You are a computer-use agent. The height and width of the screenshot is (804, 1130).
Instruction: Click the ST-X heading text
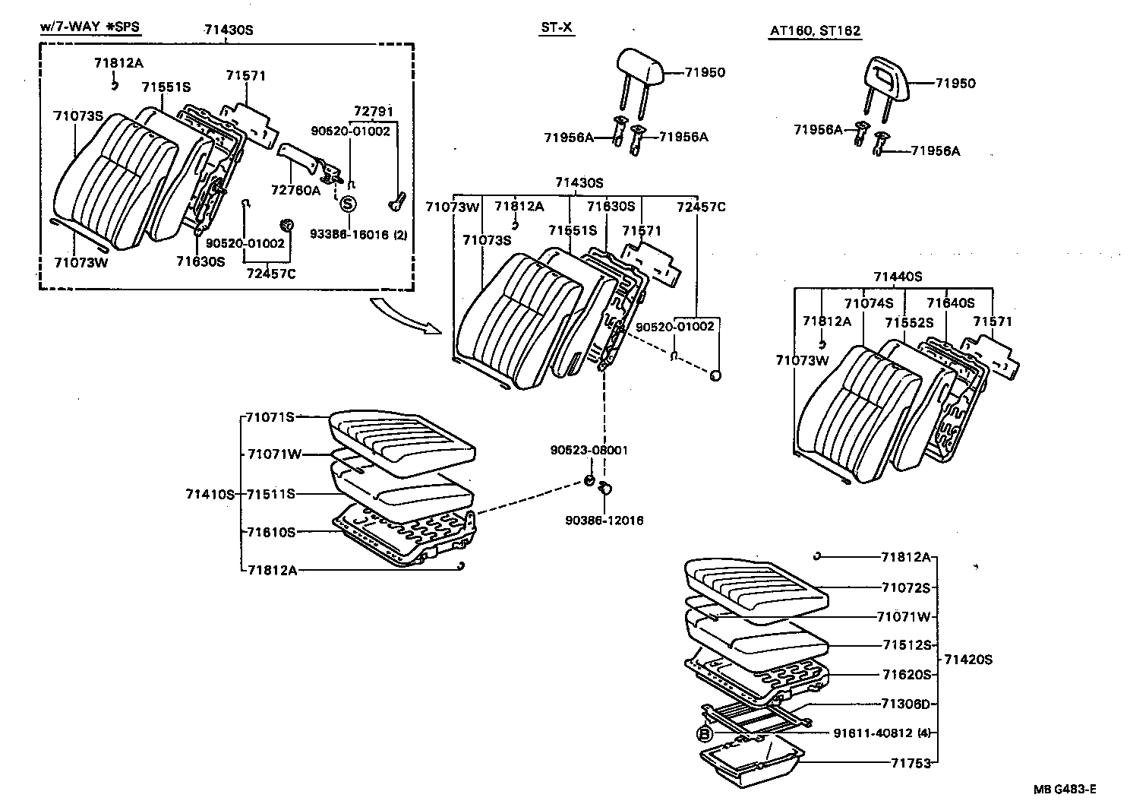(x=556, y=28)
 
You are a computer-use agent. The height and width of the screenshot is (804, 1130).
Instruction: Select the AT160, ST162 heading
(x=815, y=31)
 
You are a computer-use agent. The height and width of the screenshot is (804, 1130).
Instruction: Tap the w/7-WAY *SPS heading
(x=90, y=28)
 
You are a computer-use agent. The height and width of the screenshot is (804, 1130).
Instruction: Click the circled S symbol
(x=347, y=204)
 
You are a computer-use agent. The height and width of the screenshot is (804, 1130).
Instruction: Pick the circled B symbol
(x=704, y=733)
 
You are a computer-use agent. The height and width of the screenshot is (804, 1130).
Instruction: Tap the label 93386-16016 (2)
(x=358, y=235)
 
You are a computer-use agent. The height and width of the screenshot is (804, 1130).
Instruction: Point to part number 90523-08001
(x=589, y=450)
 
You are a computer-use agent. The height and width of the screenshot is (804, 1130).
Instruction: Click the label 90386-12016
(x=604, y=521)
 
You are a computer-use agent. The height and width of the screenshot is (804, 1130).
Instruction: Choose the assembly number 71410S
(x=210, y=494)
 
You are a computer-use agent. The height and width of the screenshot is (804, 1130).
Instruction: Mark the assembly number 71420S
(x=967, y=660)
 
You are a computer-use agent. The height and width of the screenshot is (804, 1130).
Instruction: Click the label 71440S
(x=897, y=277)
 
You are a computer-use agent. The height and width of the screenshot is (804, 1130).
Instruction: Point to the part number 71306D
(x=905, y=704)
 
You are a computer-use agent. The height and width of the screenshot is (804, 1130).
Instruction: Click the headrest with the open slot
(x=888, y=79)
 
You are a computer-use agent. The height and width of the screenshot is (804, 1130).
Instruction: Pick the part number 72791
(x=374, y=112)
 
